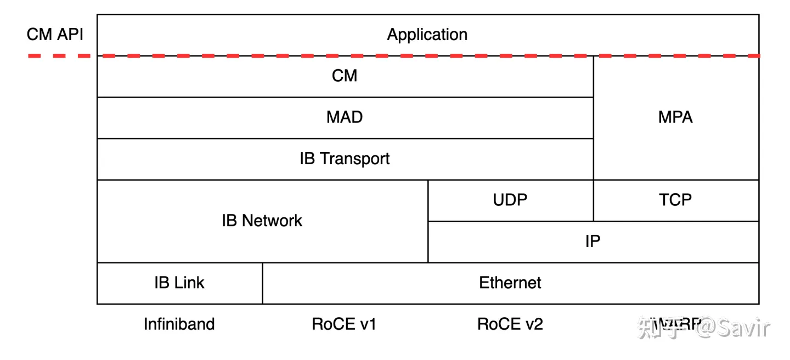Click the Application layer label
pos(427,35)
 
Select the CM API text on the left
pos(55,35)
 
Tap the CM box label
pos(345,76)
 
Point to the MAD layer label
pos(345,117)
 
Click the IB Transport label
pos(345,159)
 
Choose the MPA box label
pos(675,117)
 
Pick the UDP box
pos(510,200)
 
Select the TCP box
pos(675,200)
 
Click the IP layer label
pos(592,241)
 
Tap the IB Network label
pos(262,221)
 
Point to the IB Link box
pos(179,283)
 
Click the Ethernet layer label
pos(510,283)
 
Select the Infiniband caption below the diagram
pos(179,324)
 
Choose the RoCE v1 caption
pos(344,324)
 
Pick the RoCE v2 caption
pos(510,324)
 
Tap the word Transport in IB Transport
pos(354,159)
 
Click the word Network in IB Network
pos(272,221)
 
